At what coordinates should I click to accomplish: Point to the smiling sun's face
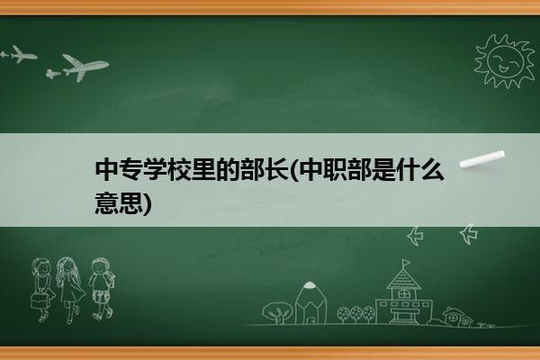505,60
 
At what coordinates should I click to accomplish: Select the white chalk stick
482,159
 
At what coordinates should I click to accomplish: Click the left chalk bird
415,236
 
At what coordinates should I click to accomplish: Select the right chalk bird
469,234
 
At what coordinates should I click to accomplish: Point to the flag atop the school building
406,263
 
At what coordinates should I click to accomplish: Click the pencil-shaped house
310,302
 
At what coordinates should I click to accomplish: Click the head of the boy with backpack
100,266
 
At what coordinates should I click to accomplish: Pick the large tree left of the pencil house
277,312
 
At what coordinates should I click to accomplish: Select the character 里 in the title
202,169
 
